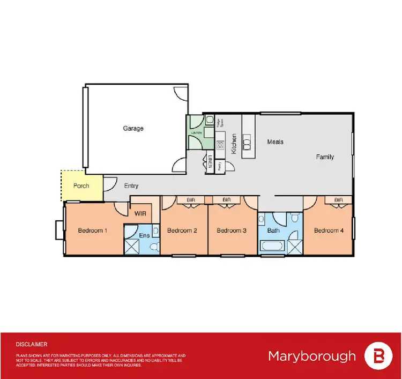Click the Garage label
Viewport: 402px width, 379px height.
133,129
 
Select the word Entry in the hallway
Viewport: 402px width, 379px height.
131,186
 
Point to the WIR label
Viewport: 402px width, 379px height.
141,213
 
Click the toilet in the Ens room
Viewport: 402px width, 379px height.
153,246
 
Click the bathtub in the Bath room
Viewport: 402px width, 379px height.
272,247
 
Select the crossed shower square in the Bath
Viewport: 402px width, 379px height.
295,247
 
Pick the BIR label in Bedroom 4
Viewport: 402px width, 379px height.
338,200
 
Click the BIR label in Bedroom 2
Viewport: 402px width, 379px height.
191,200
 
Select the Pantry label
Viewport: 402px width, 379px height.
220,164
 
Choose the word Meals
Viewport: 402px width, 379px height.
276,142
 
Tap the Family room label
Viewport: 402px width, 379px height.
325,157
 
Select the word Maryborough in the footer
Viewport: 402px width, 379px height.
311,356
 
